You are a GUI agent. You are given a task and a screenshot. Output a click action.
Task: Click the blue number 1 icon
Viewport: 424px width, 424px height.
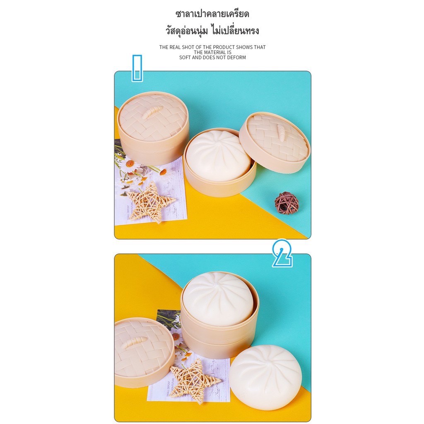137,68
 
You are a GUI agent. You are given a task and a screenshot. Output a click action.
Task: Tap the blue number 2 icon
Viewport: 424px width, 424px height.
282,253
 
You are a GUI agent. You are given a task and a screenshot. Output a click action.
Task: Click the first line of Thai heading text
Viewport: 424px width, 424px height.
212,14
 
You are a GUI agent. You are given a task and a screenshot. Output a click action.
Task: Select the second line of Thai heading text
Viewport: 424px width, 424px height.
212,30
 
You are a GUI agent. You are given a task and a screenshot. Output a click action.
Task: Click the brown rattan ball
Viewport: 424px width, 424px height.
287,203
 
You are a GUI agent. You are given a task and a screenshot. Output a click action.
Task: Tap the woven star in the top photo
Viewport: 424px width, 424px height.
150,202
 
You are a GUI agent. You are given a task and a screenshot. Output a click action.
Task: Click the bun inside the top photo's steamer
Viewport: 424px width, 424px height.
218,156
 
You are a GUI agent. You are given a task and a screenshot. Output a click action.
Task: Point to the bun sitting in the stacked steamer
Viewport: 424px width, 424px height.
218,295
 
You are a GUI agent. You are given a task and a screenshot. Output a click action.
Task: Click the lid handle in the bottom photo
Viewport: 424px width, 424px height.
132,343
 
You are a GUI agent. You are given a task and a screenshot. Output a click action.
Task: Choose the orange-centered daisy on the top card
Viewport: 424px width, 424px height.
130,164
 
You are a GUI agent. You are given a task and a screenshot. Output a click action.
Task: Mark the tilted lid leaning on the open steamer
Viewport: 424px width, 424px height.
275,142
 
